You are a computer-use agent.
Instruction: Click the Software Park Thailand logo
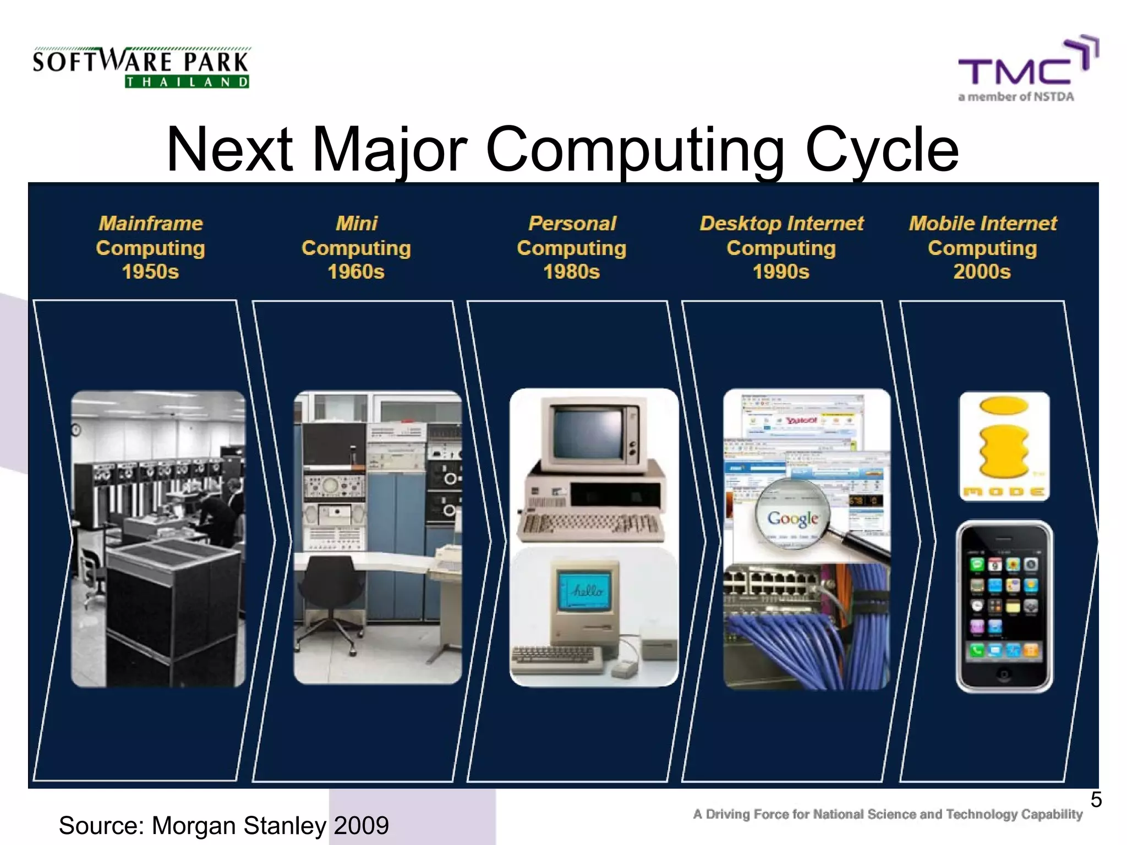pos(141,68)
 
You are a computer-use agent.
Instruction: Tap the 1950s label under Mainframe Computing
pos(150,272)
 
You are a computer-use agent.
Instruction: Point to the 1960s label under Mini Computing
pos(356,272)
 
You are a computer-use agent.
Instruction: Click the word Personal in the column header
pos(572,223)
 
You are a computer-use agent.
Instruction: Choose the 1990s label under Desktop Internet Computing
pos(781,272)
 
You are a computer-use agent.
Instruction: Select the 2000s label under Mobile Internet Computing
pos(982,272)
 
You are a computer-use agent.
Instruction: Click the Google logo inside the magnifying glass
pos(792,518)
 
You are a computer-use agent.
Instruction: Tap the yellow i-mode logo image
pos(1004,446)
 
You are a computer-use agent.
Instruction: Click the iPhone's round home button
pos(1004,674)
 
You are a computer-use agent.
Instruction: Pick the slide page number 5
pos(1096,799)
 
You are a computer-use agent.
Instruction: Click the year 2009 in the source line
pos(361,825)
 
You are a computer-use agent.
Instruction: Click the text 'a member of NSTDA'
pos(1015,97)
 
